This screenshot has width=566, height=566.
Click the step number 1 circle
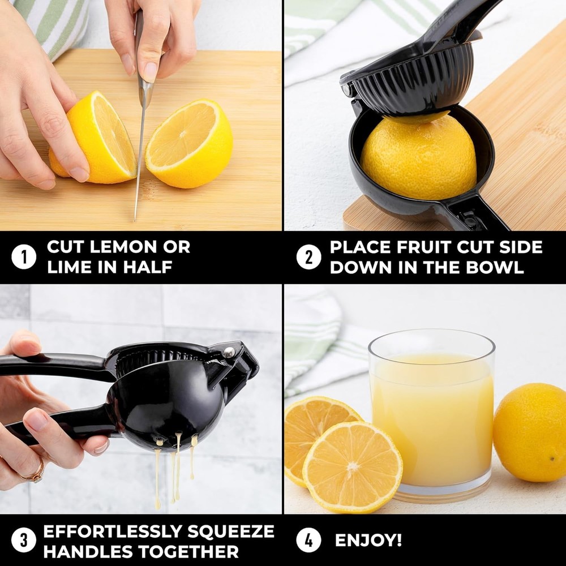point(24,258)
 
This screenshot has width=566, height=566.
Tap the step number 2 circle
point(308,258)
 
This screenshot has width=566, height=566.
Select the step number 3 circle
point(24,540)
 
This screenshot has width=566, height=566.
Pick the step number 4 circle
point(308,540)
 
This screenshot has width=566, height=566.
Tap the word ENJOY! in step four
point(368,540)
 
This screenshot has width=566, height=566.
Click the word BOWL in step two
point(495,267)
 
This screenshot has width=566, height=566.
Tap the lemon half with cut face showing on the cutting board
point(189,143)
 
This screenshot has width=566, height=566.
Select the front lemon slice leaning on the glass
point(352,467)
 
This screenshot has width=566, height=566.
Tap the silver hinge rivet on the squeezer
point(229,351)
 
